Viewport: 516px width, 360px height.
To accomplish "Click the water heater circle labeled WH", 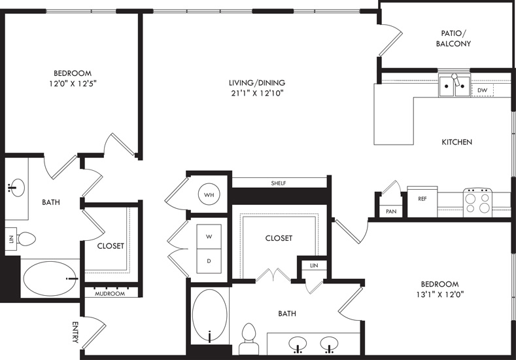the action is tap(209, 194).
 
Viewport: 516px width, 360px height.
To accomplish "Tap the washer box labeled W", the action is tap(209, 236).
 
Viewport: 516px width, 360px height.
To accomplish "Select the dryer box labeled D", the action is tap(209, 261).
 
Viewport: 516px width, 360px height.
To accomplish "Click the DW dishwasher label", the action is tap(483, 90).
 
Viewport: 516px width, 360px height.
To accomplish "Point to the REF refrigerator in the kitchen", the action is tap(422, 202).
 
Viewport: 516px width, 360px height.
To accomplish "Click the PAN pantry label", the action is tap(391, 211).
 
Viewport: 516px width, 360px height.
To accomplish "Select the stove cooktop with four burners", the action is tap(477, 202).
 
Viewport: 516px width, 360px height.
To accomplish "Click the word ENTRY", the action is tap(75, 333).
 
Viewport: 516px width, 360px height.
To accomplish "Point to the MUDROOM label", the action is tap(110, 293).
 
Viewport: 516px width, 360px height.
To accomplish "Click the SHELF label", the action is tap(279, 183).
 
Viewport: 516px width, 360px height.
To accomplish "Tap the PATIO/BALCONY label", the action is tap(453, 38).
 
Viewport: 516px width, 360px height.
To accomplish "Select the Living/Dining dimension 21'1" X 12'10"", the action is tap(257, 93).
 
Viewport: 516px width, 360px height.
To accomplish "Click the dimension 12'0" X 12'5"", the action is tap(73, 84).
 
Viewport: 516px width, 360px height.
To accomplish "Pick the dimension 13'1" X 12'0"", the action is tap(440, 295).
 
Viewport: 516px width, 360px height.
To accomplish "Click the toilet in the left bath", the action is tap(26, 239).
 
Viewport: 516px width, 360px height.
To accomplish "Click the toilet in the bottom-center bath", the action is tap(249, 338).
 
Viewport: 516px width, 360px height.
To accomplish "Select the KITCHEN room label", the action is tap(456, 142).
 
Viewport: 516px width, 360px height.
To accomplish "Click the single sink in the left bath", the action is tap(17, 188).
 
